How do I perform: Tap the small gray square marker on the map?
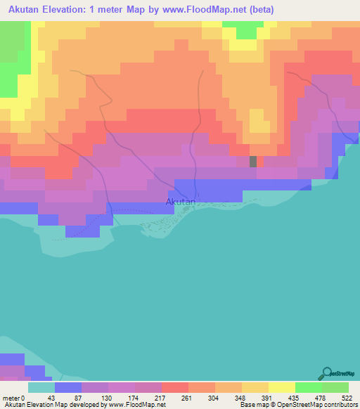tap(253, 161)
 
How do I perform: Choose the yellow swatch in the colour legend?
tap(281, 387)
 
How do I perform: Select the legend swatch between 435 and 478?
tap(308, 387)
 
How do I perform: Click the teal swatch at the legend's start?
tap(41, 387)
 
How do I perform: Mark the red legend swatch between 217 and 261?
tap(174, 387)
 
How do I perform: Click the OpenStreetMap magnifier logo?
tap(326, 373)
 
